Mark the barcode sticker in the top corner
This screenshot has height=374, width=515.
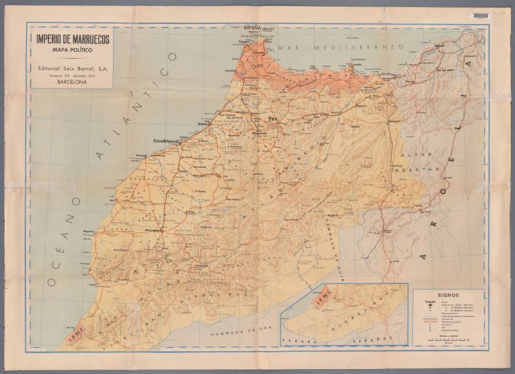pyautogui.click(x=480, y=15)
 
